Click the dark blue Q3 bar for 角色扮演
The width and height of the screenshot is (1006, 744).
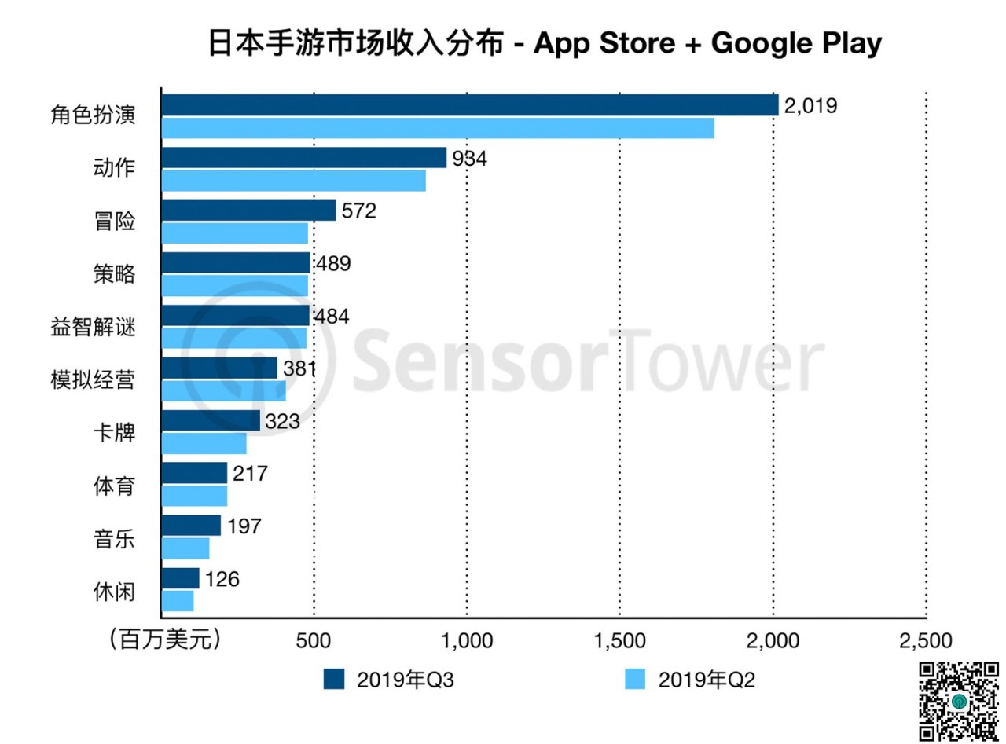coord(469,105)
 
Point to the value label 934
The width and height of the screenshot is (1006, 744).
coord(469,158)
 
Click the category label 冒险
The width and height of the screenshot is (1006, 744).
coord(114,222)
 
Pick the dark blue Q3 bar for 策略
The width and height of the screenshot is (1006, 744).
coord(235,262)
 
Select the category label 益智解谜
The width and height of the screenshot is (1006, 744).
coord(93,327)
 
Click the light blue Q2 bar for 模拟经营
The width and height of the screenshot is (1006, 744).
coord(223,390)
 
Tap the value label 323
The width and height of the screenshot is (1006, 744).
coord(283,421)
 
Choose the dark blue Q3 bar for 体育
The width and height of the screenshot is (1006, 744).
coord(194,473)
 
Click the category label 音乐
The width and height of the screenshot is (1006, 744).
coord(114,539)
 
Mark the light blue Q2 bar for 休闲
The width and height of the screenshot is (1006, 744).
coord(177,601)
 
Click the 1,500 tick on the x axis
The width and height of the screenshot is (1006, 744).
coord(620,640)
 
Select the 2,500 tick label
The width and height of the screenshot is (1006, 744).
coord(927,640)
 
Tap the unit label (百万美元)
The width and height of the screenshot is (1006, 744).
coord(164,639)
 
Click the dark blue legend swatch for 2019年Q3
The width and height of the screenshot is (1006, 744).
coord(334,679)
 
